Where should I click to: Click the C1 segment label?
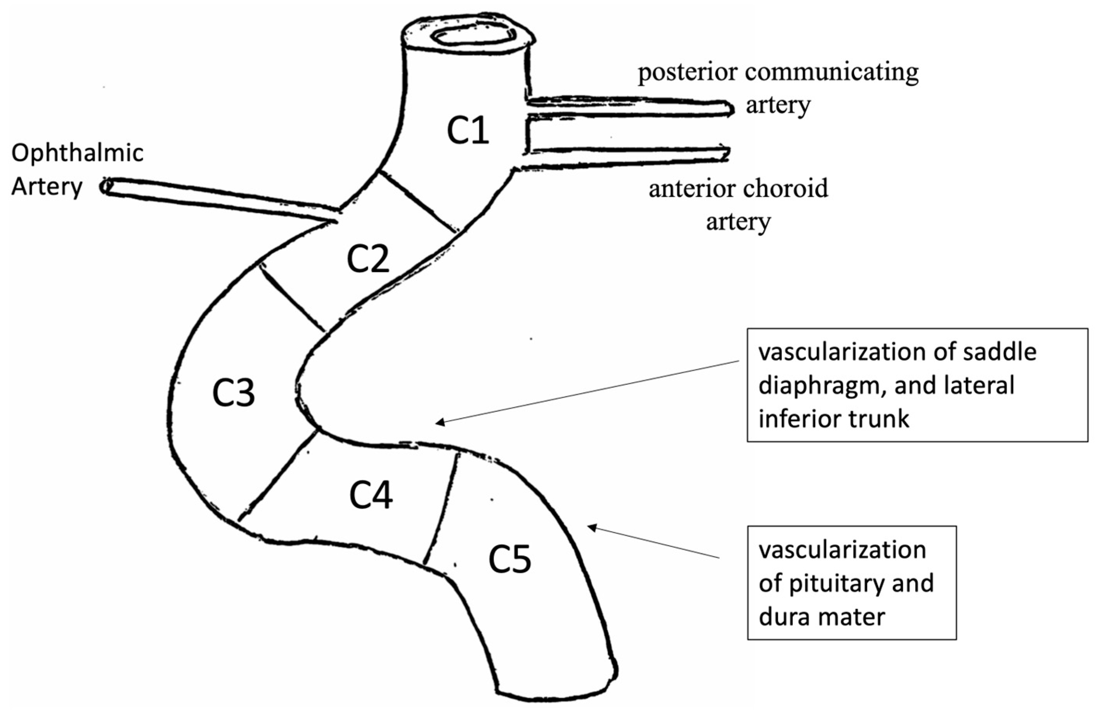[468, 131]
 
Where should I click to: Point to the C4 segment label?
[371, 496]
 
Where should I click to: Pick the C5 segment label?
[510, 560]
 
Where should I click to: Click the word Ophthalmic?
[77, 154]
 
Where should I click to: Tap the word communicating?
[832, 73]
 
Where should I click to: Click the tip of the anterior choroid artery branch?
[726, 154]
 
